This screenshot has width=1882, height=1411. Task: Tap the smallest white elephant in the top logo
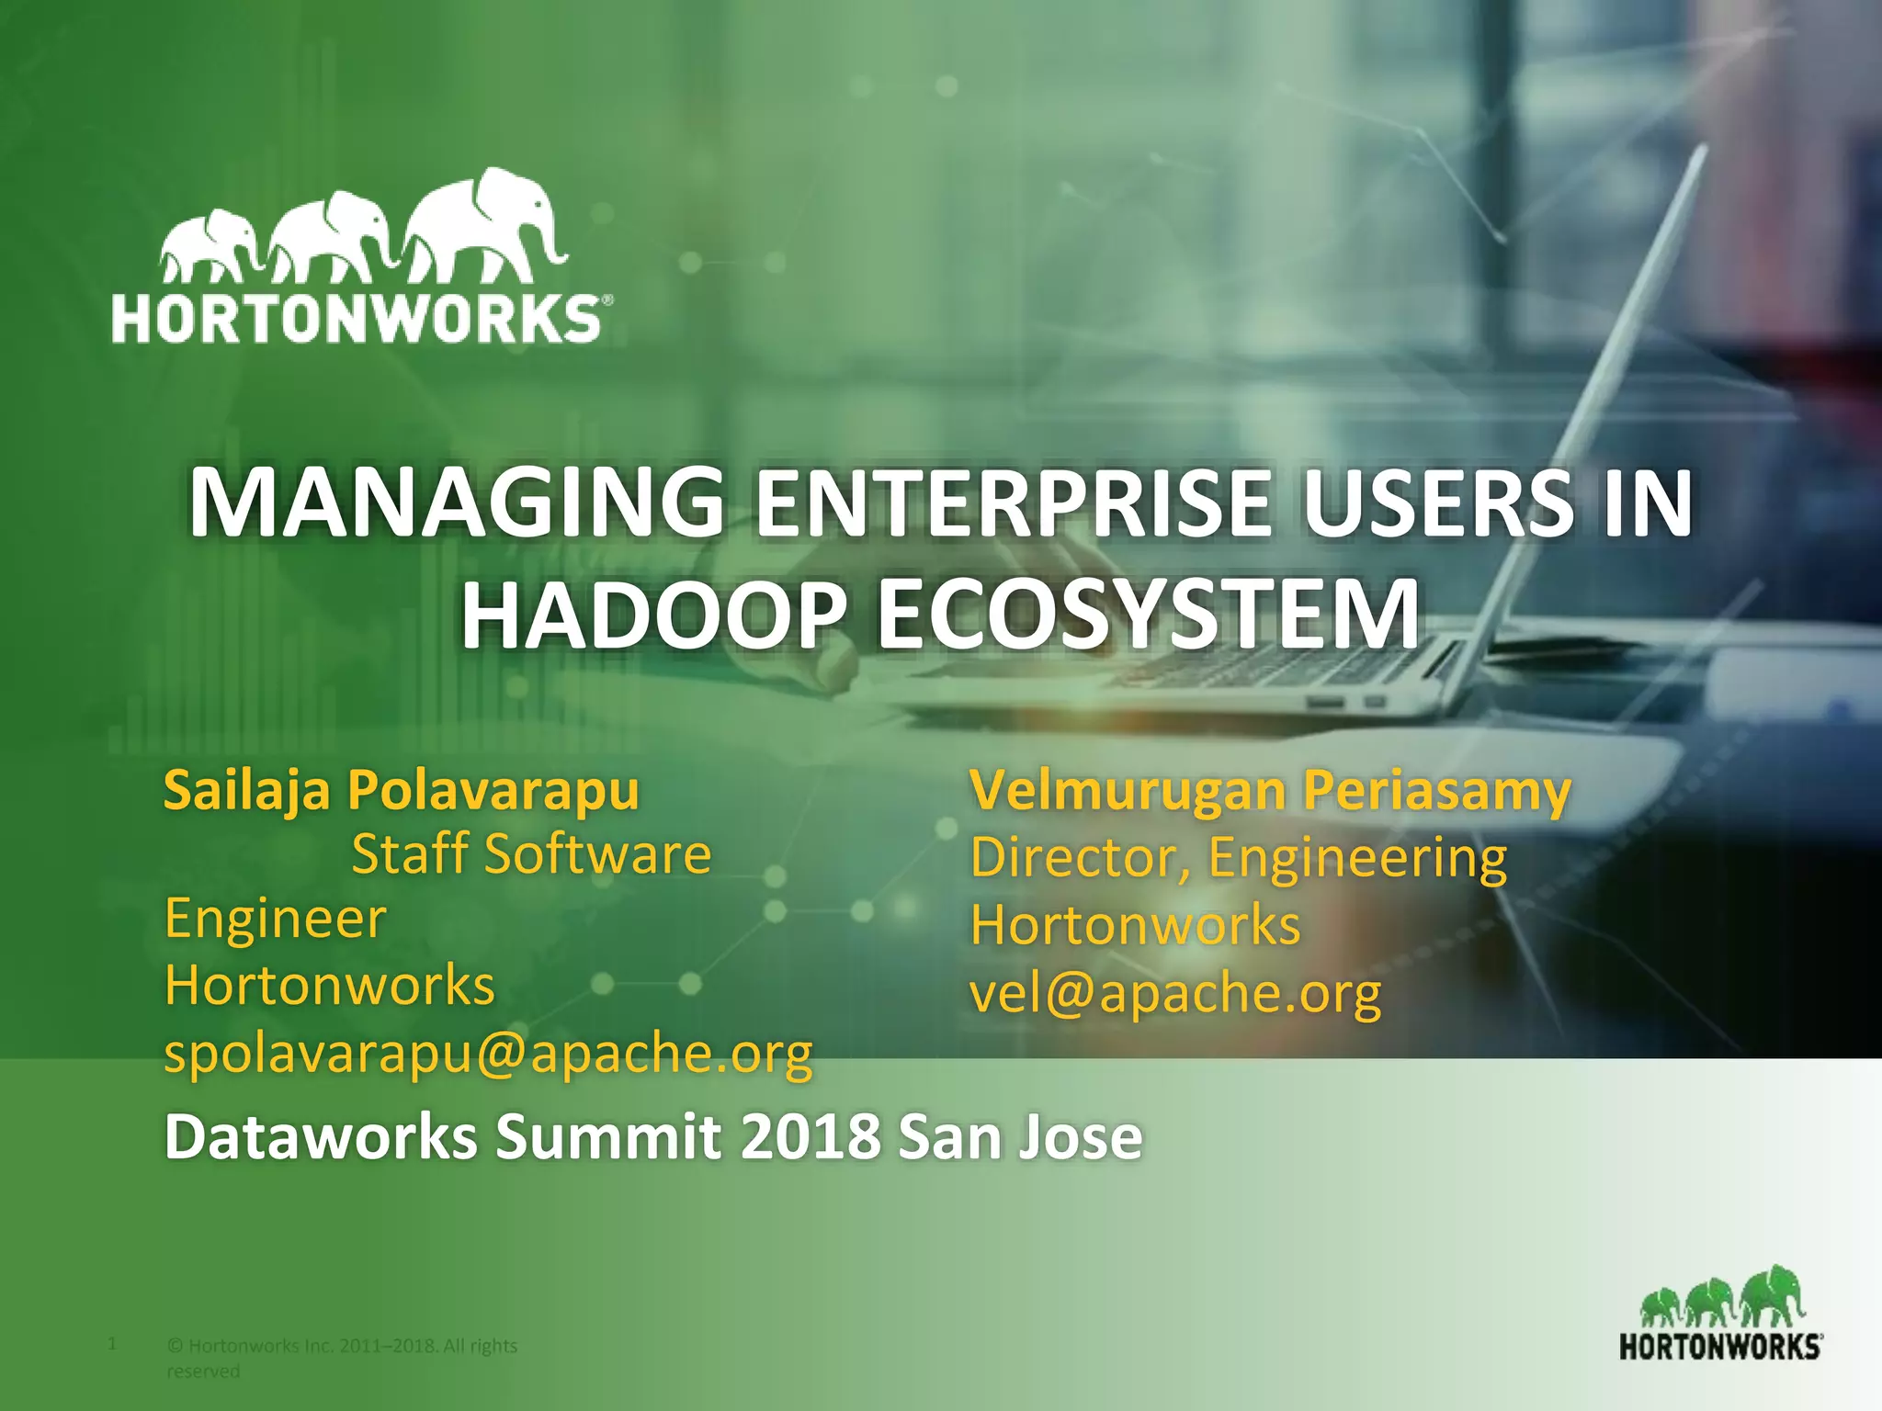pos(210,243)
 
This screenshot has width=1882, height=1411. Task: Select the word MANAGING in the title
pos(457,503)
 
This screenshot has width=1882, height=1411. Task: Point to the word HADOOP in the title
pos(653,614)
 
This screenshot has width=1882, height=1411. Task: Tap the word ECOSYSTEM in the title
pos(1149,614)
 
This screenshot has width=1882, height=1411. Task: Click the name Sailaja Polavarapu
pos(401,790)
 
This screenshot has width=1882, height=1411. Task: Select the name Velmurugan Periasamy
pos(1270,790)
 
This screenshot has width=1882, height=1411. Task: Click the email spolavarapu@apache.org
pos(488,1053)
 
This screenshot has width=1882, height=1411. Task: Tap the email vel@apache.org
pos(1175,993)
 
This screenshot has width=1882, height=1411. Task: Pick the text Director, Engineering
pos(1238,857)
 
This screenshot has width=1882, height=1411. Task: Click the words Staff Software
pos(531,853)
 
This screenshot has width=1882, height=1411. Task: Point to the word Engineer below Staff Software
pos(275,919)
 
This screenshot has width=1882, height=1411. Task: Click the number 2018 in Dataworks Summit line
pos(811,1137)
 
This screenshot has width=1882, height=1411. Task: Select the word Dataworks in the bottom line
pos(321,1137)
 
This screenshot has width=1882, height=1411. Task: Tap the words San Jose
pos(1020,1137)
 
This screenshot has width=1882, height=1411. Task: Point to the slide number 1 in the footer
pos(112,1344)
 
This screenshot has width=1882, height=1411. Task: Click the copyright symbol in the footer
pos(175,1347)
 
